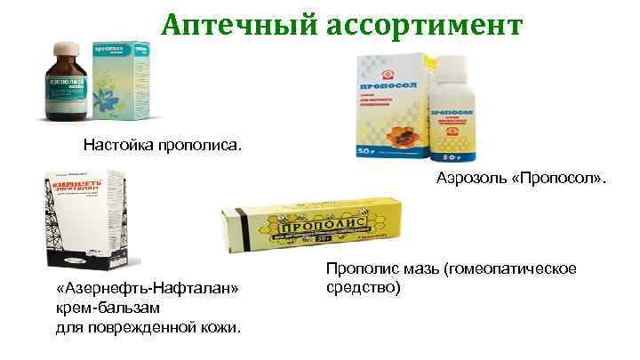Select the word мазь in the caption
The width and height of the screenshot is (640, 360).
[412, 268]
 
